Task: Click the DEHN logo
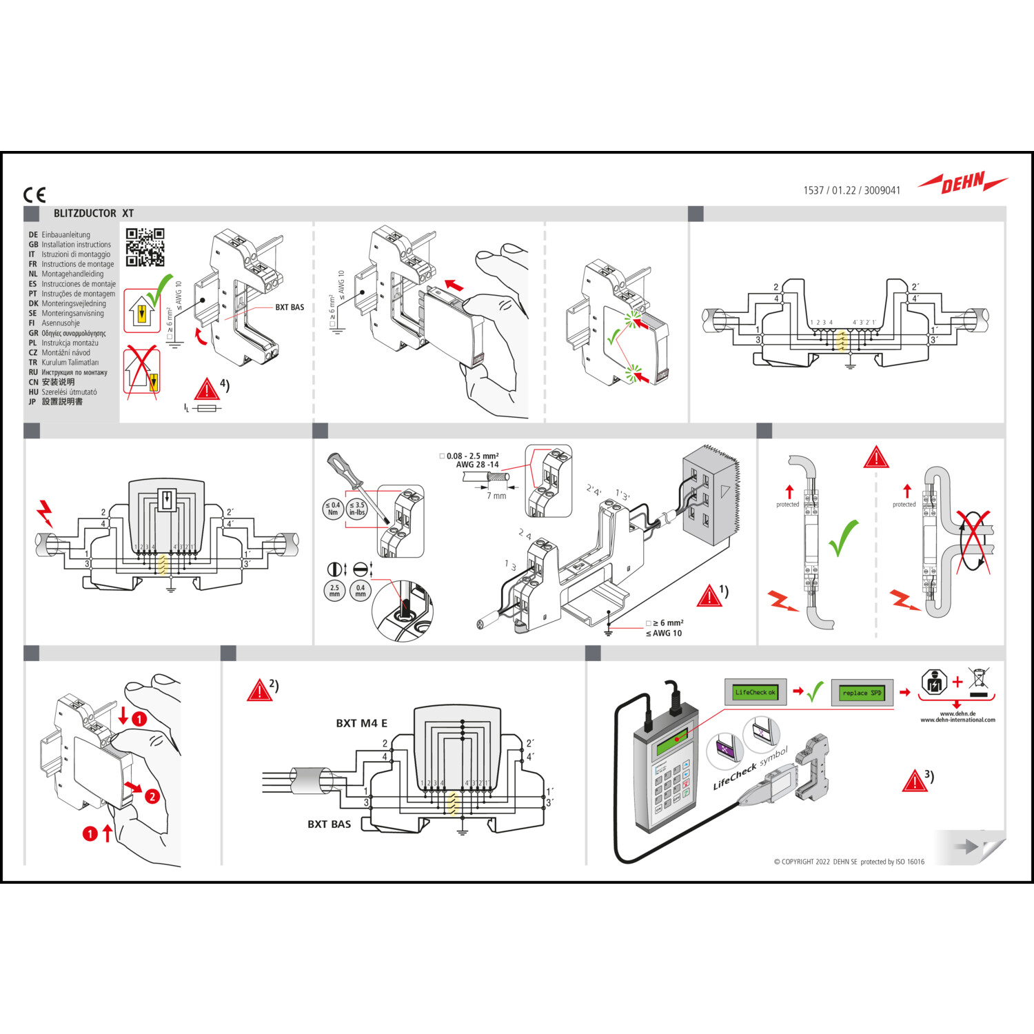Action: [963, 183]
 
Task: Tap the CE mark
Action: [34, 195]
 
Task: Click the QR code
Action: [145, 247]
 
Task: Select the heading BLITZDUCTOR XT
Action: [94, 214]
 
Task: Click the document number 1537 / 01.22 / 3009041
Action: [851, 190]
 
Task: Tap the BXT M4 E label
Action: [361, 723]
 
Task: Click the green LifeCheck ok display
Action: [755, 692]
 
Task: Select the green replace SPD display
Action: [862, 693]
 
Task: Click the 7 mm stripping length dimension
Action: [496, 496]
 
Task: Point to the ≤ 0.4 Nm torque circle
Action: [333, 509]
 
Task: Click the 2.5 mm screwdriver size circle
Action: [334, 591]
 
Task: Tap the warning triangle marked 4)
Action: [206, 389]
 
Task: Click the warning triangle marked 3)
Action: [914, 782]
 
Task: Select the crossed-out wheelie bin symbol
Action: [978, 679]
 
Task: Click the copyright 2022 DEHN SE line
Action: [849, 862]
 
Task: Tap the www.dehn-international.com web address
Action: [957, 720]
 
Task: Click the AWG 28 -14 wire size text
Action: [477, 465]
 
